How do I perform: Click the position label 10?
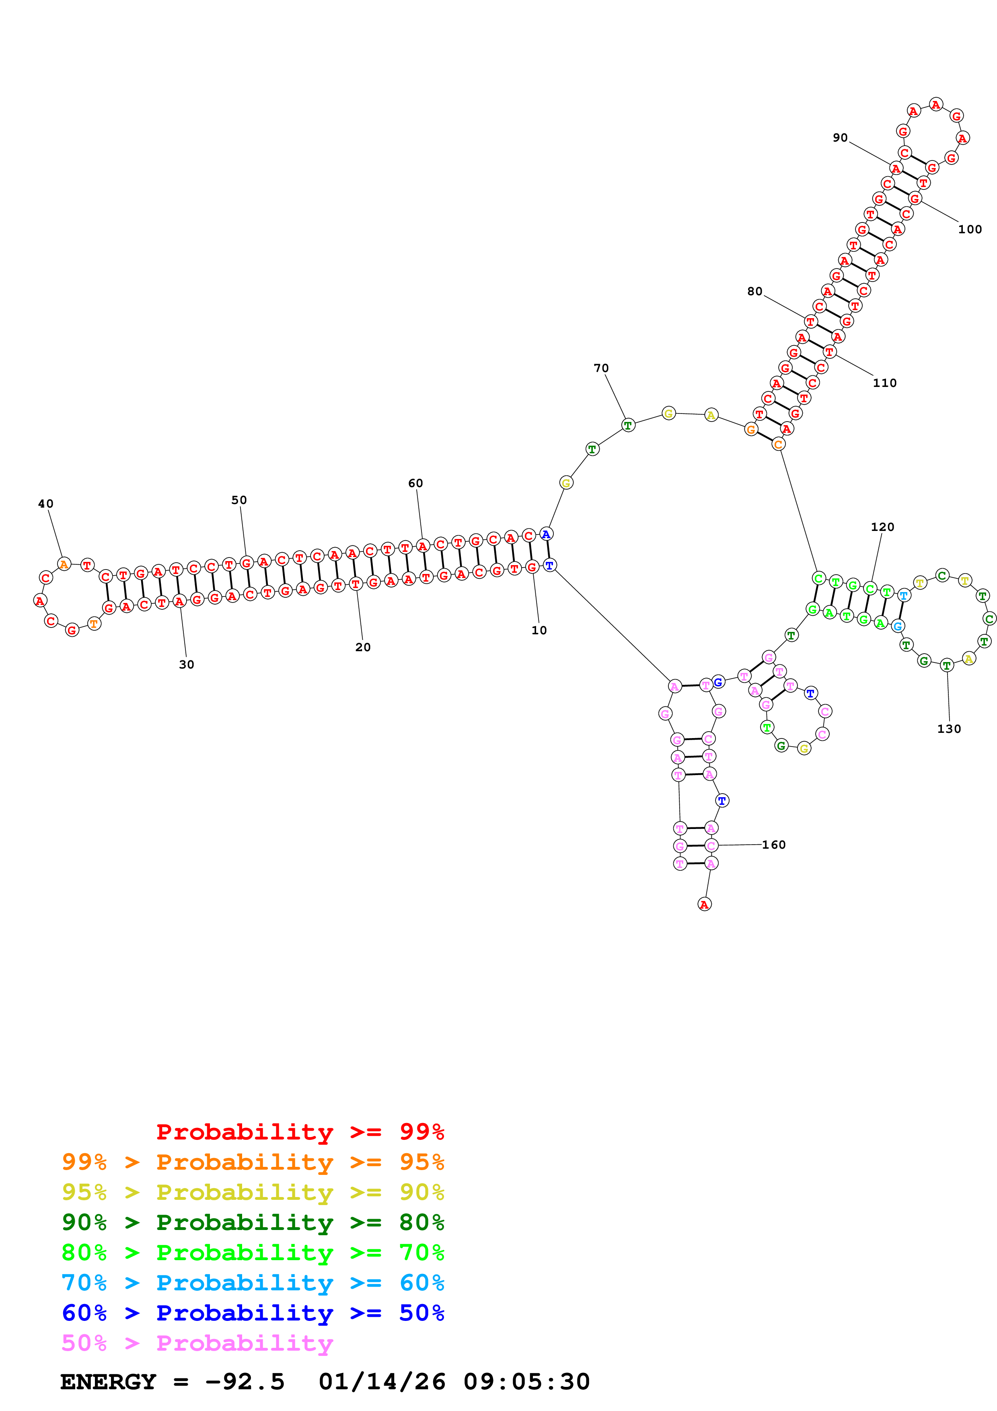coord(539,630)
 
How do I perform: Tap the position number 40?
coord(45,503)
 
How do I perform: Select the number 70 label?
coord(601,368)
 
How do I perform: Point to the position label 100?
coord(969,229)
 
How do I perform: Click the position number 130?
coord(948,728)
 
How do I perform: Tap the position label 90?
coord(840,138)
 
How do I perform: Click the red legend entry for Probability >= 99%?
coord(300,1131)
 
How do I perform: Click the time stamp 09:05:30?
coord(526,1382)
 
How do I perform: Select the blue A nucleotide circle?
coord(545,534)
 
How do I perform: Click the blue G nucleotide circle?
coord(717,682)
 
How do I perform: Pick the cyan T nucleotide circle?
coord(903,595)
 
